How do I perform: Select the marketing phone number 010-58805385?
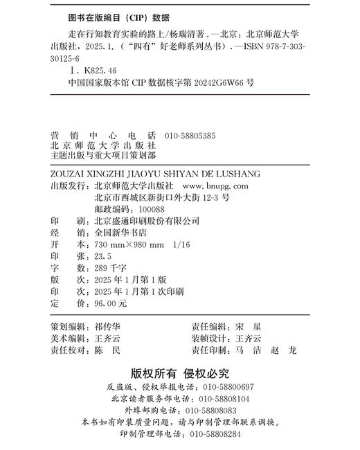pos(190,136)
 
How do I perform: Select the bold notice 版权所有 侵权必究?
pos(180,374)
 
